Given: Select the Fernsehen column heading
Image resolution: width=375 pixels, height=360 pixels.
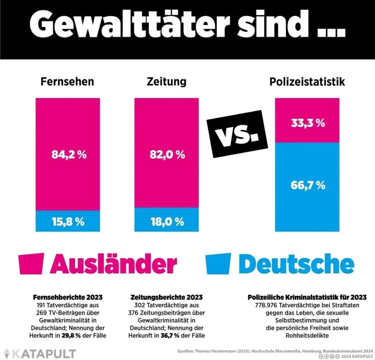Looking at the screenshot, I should pos(67,82).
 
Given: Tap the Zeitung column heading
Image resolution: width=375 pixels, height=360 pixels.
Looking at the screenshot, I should pos(166,82).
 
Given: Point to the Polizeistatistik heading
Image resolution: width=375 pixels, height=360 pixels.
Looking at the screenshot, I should pos(307,82).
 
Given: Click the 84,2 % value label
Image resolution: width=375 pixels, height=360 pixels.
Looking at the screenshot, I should pos(69,155).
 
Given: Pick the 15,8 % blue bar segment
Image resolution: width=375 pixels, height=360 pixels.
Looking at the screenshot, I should pos(68,221).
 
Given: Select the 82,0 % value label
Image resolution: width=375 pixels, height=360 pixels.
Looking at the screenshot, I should pos(167,155).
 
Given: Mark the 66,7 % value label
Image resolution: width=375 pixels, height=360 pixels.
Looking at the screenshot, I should pos(308,185).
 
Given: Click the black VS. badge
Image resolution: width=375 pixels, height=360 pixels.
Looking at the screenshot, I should pos(237,134).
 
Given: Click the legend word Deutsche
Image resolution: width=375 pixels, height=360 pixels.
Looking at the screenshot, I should pos(296,265).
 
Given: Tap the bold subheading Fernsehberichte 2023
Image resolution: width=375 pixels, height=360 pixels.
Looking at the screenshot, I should pos(68,298).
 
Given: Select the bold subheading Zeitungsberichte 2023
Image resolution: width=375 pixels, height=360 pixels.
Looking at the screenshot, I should pos(166,298).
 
